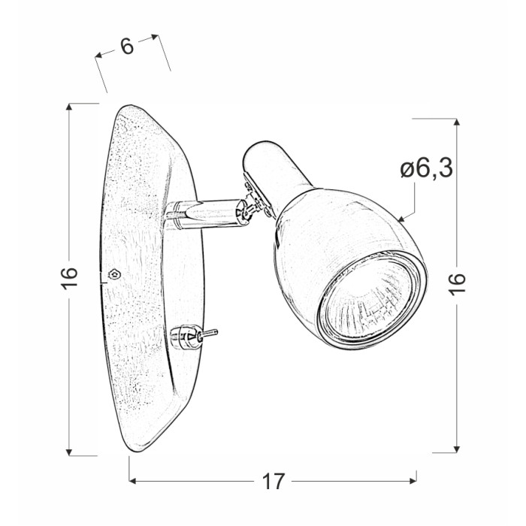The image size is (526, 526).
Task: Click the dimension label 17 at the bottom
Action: [273, 482]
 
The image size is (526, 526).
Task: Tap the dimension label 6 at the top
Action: [127, 47]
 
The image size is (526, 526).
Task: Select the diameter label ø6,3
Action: [426, 168]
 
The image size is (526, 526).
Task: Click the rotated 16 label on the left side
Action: [69, 277]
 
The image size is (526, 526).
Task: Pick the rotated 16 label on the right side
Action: [457, 284]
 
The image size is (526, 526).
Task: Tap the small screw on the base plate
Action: [114, 274]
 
